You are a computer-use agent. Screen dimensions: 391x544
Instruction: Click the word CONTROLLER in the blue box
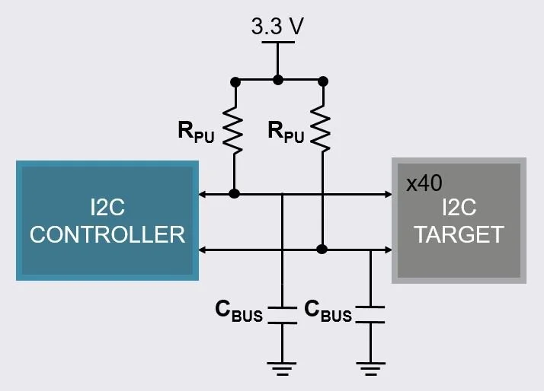(x=107, y=234)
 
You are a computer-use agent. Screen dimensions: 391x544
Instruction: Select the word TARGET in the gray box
(x=459, y=234)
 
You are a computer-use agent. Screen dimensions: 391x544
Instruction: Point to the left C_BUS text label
(x=238, y=310)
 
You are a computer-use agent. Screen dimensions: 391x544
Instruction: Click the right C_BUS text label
(x=328, y=310)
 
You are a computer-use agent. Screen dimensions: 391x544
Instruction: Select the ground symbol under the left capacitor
(x=283, y=370)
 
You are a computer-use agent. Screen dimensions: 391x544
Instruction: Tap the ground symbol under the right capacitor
(x=370, y=370)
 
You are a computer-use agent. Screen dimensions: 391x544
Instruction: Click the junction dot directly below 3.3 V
(x=278, y=79)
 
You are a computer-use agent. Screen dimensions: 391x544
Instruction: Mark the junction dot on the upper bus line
(x=235, y=194)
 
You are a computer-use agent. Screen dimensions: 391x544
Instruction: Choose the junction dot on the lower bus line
(x=323, y=249)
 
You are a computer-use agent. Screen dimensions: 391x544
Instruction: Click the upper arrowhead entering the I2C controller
(x=202, y=194)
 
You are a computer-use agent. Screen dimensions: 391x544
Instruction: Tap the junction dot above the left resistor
(x=235, y=79)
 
